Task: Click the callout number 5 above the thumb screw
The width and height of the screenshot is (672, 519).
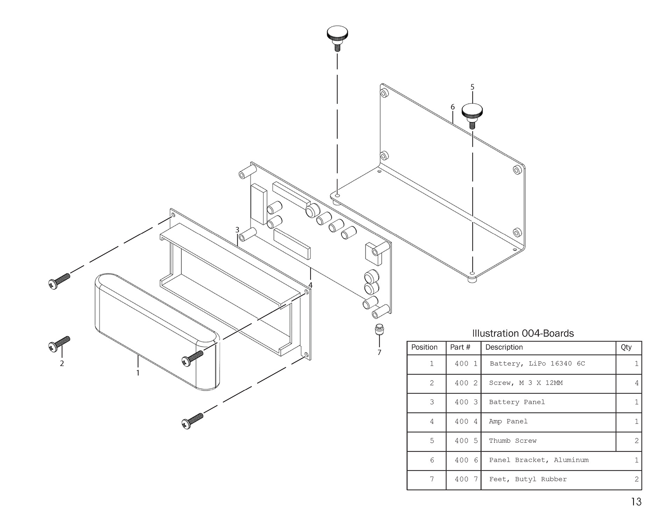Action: tap(472, 87)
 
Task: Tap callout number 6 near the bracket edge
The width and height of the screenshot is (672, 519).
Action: tap(453, 107)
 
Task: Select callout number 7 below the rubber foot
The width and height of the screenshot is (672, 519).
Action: tap(379, 353)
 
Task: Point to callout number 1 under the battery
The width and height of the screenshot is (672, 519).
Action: tap(138, 373)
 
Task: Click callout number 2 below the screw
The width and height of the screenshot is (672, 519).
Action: tap(62, 363)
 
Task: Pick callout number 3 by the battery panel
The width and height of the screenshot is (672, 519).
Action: tap(237, 230)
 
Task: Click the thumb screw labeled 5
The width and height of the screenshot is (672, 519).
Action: tap(472, 116)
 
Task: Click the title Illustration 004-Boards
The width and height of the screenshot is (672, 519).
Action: tap(523, 333)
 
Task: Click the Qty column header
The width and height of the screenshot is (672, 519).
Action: tap(626, 347)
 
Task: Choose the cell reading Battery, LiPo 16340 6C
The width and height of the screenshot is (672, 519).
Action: tap(537, 364)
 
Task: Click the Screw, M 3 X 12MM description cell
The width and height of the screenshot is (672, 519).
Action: tap(526, 383)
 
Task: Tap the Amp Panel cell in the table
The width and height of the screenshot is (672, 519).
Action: tap(508, 421)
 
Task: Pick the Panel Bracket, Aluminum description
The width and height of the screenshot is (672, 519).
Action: tap(539, 460)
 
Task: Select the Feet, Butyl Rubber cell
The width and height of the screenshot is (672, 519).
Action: tap(528, 479)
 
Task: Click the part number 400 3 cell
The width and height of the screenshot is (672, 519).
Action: tap(466, 402)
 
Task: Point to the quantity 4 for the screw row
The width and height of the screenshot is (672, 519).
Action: tap(637, 383)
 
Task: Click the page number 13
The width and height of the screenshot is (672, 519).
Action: tap(636, 502)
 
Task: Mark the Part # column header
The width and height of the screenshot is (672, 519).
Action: tap(460, 347)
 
